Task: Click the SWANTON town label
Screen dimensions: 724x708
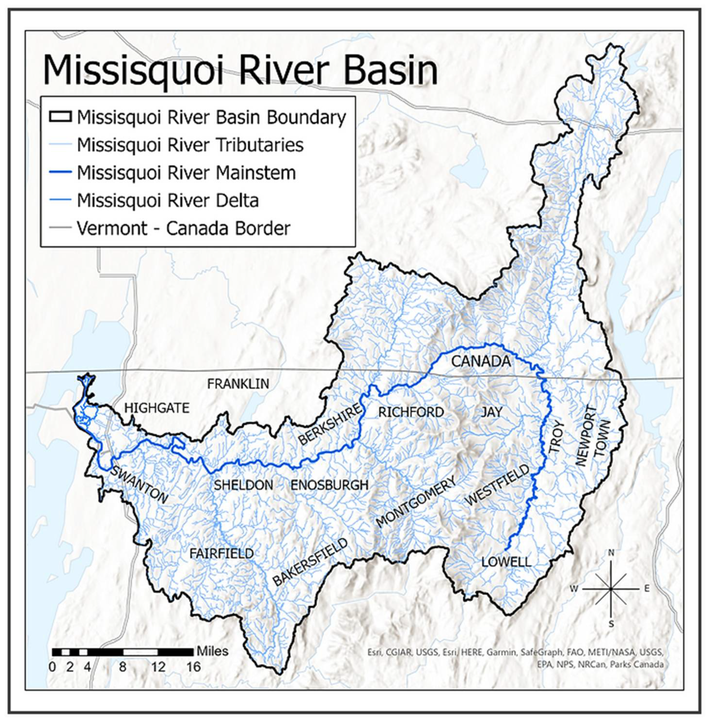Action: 139,486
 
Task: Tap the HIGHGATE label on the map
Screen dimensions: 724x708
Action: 157,408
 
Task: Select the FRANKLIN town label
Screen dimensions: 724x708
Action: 238,384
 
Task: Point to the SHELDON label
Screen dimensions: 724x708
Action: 243,485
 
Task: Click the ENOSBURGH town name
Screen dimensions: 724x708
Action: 329,485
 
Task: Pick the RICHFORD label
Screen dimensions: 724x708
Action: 411,412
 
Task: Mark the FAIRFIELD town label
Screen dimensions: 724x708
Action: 222,554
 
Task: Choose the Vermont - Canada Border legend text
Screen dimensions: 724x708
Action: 183,228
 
